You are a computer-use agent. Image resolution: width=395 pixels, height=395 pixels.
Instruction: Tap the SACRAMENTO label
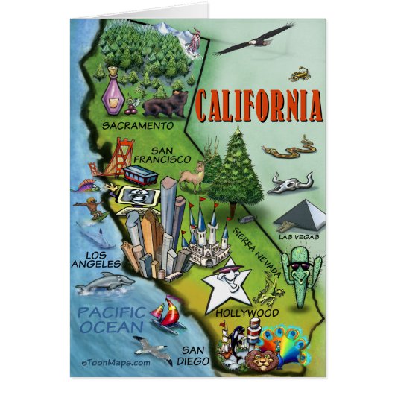138,126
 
